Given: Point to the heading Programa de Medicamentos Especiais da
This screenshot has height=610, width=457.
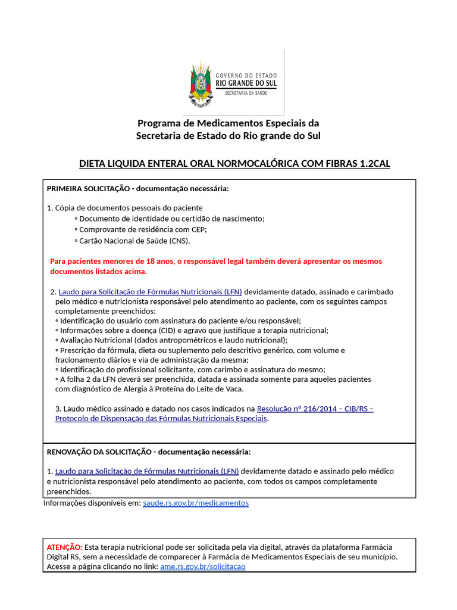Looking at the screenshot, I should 228,123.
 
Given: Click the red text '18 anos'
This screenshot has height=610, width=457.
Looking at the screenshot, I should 149,261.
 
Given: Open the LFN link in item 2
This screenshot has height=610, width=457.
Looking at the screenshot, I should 150,292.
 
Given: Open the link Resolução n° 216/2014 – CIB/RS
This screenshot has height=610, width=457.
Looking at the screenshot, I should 315,409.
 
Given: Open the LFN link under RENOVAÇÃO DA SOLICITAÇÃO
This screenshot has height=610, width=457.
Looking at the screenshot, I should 146,471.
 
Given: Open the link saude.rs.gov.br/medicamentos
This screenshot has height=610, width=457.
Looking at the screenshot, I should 196,503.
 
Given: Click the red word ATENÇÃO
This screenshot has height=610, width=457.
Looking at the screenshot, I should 64,547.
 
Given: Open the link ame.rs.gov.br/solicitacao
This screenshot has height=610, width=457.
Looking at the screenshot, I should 202,567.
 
